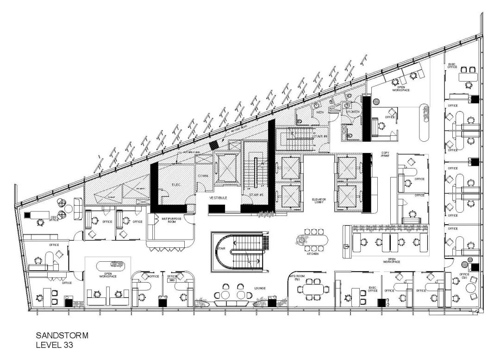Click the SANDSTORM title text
pyautogui.click(x=62, y=335)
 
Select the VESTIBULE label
pyautogui.click(x=218, y=198)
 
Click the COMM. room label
pyautogui.click(x=203, y=177)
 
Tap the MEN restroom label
pyautogui.click(x=320, y=112)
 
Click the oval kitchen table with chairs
pyautogui.click(x=312, y=240)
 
